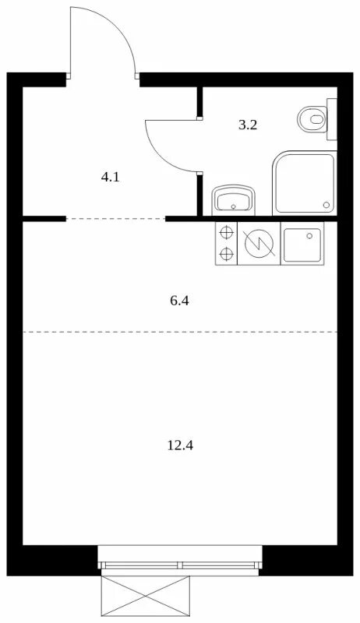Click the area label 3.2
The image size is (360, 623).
tap(248, 125)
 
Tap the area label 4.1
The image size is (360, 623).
tap(110, 178)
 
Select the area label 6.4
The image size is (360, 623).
tap(179, 301)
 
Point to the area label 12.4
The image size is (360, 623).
tap(181, 445)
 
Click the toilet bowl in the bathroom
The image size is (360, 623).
tap(312, 119)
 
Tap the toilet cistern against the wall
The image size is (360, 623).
tap(332, 119)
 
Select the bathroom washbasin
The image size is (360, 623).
tap(234, 200)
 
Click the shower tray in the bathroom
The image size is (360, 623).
tap(305, 183)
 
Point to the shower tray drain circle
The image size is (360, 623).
tap(326, 205)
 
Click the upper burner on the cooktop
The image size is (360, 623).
tap(227, 232)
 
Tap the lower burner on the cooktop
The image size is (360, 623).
tap(227, 253)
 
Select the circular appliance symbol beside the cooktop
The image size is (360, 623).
tap(259, 243)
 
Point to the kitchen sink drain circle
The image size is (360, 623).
tap(309, 236)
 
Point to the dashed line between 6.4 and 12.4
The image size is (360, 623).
tap(180, 332)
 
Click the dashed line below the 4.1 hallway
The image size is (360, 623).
tap(115, 219)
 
